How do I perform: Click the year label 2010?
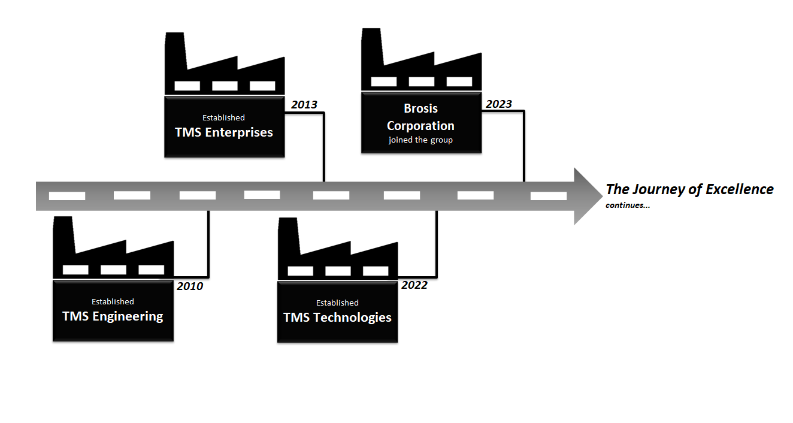point(190,286)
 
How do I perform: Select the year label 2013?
point(304,105)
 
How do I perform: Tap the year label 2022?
point(414,285)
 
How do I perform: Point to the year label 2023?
point(499,104)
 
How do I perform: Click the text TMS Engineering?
point(113,316)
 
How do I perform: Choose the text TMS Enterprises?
point(224,132)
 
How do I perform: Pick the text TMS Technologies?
point(337,318)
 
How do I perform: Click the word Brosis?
point(420,109)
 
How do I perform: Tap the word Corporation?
point(420,126)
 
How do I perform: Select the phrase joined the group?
point(420,140)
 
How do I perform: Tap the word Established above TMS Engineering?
point(113,301)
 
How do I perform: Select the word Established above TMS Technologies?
point(337,303)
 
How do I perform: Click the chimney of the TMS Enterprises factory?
point(174,51)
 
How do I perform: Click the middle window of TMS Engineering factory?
point(113,270)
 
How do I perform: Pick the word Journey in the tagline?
point(658,189)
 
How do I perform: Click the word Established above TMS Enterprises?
point(223,118)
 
